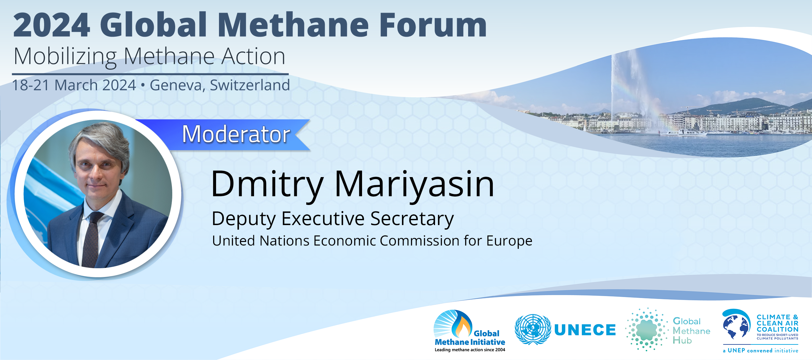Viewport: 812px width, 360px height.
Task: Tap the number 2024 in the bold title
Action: point(51,25)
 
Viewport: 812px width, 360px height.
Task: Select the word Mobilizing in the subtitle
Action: point(65,57)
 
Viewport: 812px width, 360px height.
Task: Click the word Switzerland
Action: point(250,85)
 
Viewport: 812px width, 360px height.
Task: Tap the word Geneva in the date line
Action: point(177,85)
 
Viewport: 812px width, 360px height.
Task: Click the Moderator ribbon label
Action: point(236,134)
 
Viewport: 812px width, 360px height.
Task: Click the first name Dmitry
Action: point(267,184)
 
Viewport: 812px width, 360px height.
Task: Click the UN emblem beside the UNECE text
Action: point(533,330)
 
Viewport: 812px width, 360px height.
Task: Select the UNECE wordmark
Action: point(585,330)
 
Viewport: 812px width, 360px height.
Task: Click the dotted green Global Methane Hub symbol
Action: point(647,330)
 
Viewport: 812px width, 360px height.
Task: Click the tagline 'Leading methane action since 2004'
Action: point(470,350)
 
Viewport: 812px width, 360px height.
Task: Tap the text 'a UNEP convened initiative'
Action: point(760,351)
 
